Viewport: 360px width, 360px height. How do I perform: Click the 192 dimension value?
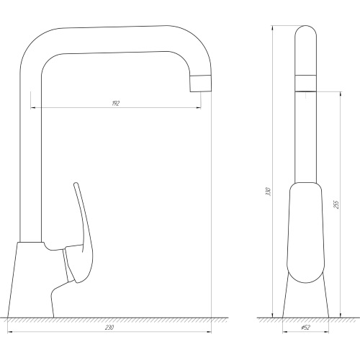[x=116, y=104]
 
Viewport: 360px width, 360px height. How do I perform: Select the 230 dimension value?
[x=109, y=328]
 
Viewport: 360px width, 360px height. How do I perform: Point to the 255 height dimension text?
[x=336, y=204]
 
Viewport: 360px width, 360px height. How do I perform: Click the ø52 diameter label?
[x=305, y=328]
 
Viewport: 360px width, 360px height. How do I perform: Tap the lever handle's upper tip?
[x=76, y=184]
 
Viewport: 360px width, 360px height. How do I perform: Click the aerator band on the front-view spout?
[x=305, y=84]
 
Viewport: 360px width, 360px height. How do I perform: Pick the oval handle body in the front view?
[x=305, y=233]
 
